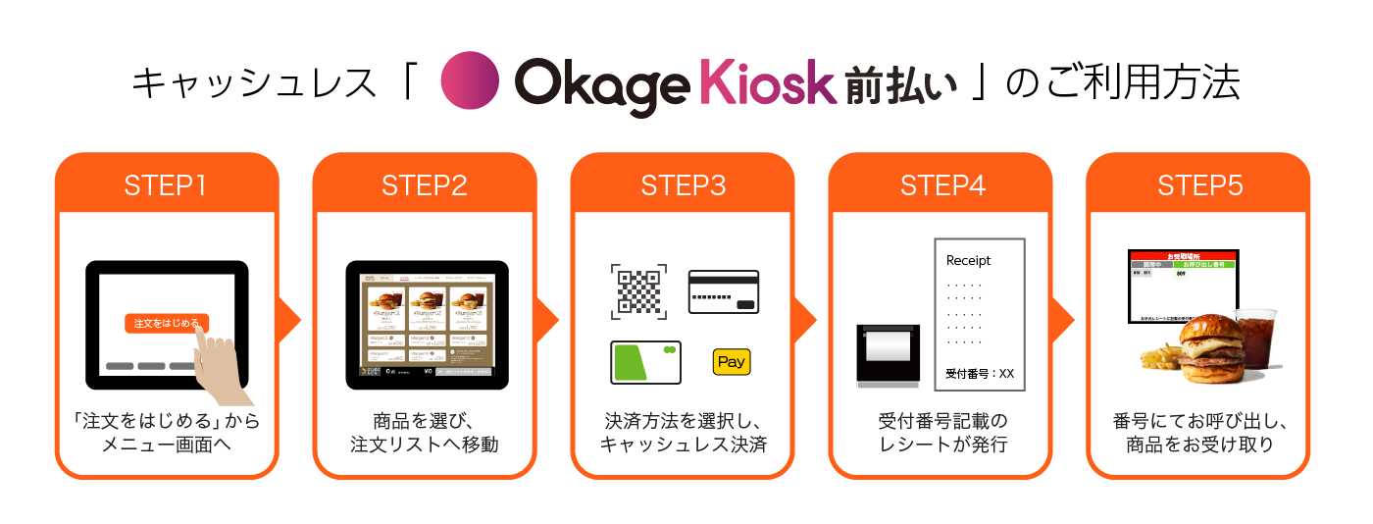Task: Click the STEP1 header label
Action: point(167,185)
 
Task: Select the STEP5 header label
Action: point(1199,185)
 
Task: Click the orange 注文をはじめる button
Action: point(167,323)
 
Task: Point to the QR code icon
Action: point(638,290)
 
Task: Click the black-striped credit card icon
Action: point(724,290)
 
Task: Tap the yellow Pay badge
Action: point(732,361)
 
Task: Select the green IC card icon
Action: point(645,362)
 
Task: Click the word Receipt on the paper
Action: point(968,261)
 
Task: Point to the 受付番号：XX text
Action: point(979,373)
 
